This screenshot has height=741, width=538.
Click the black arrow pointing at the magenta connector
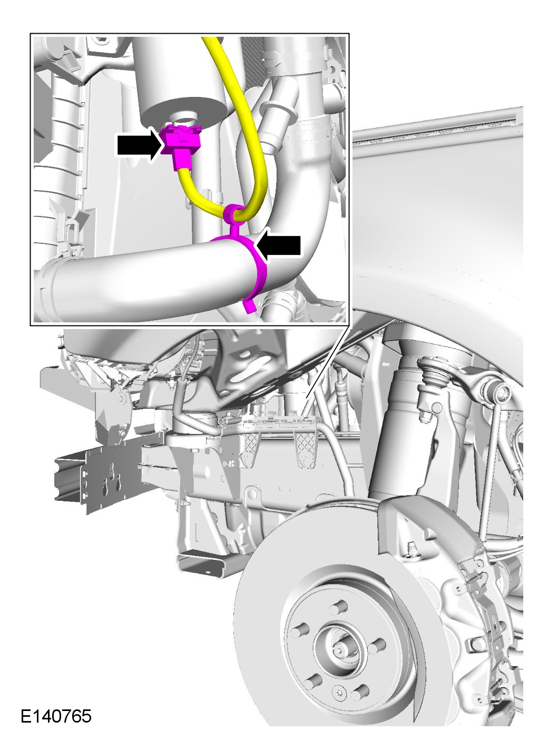[x=139, y=144]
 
